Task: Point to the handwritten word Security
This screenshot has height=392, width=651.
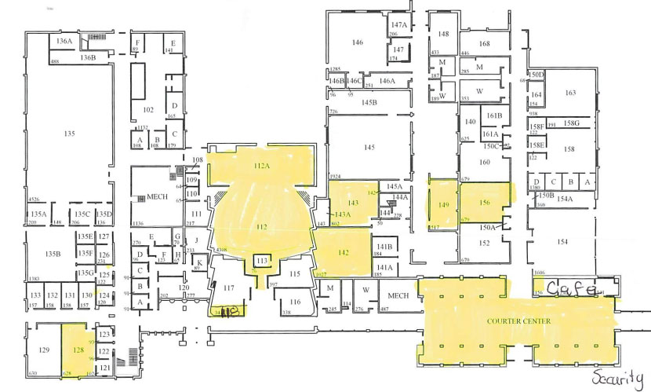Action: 617,376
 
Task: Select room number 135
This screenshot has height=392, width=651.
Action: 69,134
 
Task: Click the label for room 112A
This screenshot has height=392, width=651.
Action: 261,166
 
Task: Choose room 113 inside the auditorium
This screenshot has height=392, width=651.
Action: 262,260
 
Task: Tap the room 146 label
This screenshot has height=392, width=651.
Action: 358,42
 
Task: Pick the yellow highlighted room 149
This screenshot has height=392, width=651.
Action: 444,206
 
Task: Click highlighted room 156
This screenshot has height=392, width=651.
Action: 485,203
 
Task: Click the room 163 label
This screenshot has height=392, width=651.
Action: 569,93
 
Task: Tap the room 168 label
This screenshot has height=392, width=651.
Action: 484,43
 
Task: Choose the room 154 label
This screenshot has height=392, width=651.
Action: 562,242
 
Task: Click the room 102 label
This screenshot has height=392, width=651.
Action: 148,109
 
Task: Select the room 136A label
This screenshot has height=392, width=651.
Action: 64,40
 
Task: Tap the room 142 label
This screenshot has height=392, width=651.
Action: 343,253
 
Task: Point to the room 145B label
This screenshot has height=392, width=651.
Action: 369,102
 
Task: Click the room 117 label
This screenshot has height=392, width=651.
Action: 228,288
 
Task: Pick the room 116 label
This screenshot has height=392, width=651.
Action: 294,302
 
